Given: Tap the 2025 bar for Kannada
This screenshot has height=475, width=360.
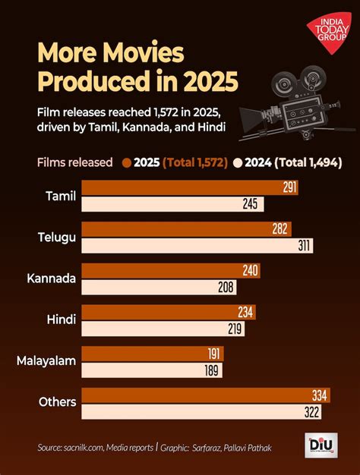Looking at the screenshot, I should (x=171, y=271).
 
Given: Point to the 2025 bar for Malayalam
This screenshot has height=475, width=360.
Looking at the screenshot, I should (x=152, y=354).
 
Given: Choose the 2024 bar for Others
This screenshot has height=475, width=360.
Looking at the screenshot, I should (x=201, y=411).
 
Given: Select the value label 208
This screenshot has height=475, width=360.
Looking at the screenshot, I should (x=226, y=288).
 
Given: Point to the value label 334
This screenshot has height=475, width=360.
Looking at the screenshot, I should (x=320, y=395).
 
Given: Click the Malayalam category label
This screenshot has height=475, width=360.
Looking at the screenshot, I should (x=46, y=361).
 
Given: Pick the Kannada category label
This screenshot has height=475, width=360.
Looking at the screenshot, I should (x=51, y=278).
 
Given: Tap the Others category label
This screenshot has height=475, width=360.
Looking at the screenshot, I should (x=58, y=402).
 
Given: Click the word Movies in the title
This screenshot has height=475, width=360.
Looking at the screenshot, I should (x=136, y=55).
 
